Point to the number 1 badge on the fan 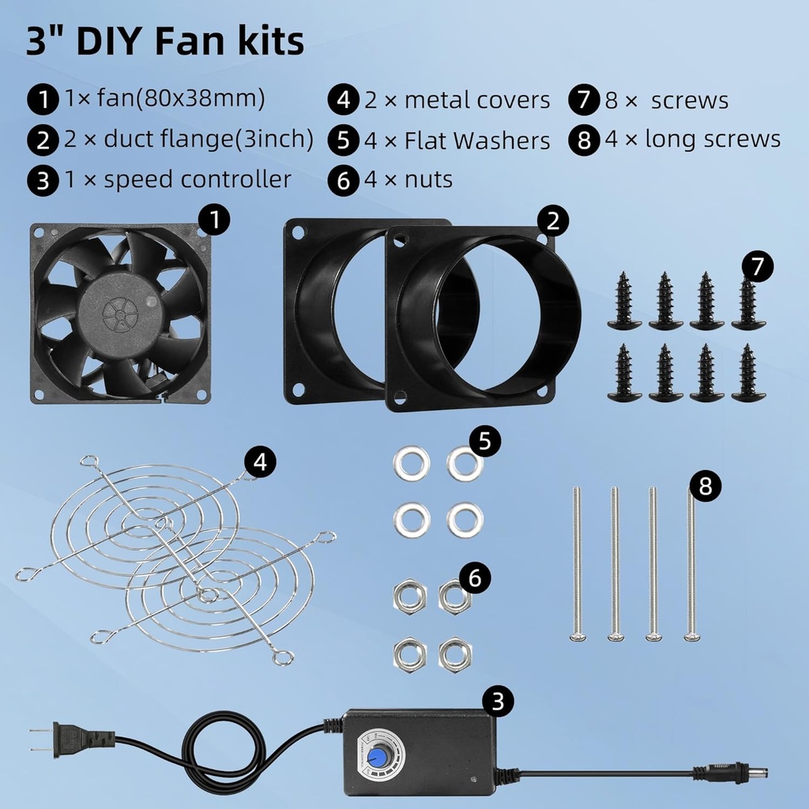click(213, 220)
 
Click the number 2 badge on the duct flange click(553, 221)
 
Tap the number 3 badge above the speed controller click(498, 701)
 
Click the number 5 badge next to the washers click(484, 441)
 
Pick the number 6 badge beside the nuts click(474, 578)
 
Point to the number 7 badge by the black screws click(758, 266)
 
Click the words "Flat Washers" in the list click(477, 141)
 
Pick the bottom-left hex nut click(410, 653)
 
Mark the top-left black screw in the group click(624, 301)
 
